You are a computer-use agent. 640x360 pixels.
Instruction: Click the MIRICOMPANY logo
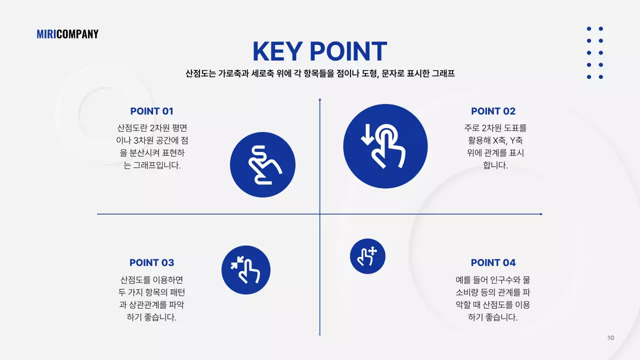pyautogui.click(x=67, y=34)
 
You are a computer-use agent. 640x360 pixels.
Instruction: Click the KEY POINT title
pyautogui.click(x=319, y=51)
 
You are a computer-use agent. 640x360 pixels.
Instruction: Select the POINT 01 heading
pyautogui.click(x=151, y=111)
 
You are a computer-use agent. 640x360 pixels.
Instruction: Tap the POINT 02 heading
pyautogui.click(x=493, y=111)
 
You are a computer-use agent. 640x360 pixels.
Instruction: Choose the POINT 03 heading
pyautogui.click(x=151, y=263)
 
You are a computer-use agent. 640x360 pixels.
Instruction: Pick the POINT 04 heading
pyautogui.click(x=493, y=263)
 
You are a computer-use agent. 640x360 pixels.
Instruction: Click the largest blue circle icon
pyautogui.click(x=385, y=146)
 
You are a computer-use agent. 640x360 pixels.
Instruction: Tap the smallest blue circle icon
pyautogui.click(x=367, y=256)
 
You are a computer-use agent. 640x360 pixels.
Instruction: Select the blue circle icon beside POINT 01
pyautogui.click(x=262, y=165)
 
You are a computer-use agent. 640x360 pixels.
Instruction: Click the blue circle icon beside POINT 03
pyautogui.click(x=246, y=270)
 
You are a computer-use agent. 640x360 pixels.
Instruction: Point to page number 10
pyautogui.click(x=610, y=338)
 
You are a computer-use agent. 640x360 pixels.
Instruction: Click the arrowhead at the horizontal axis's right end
pyautogui.click(x=541, y=214)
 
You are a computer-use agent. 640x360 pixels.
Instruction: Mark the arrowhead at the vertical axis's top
pyautogui.click(x=319, y=100)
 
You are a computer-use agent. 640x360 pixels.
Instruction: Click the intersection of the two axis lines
pyautogui.click(x=319, y=214)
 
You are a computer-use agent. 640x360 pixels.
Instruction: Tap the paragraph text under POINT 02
pyautogui.click(x=495, y=146)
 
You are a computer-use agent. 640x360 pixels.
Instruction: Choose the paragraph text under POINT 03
pyautogui.click(x=151, y=298)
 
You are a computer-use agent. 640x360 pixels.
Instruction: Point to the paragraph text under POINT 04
pyautogui.click(x=493, y=298)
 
